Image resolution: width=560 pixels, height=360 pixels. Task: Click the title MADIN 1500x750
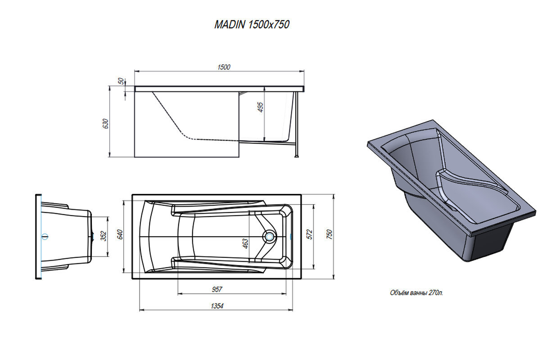(x=252, y=24)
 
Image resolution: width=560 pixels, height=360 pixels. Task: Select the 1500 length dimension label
(x=224, y=67)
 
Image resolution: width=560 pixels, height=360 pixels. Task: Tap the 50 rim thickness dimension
(x=121, y=81)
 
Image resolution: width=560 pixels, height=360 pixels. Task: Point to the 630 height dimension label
(x=105, y=123)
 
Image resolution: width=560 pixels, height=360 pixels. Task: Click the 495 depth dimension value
(x=260, y=107)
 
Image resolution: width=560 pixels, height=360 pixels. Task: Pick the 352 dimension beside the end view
(x=104, y=236)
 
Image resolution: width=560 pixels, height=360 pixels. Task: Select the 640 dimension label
(x=120, y=234)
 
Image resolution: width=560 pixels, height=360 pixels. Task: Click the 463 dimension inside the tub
(x=245, y=243)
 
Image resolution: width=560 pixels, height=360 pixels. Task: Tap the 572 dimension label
(x=310, y=234)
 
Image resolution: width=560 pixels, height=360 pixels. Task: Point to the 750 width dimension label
(x=330, y=234)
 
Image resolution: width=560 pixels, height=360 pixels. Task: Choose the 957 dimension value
(x=217, y=289)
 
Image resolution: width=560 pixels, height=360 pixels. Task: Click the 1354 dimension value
(x=217, y=306)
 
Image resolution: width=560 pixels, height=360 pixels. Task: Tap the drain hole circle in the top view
(x=269, y=236)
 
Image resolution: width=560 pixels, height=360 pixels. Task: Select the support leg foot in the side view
(x=297, y=157)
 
